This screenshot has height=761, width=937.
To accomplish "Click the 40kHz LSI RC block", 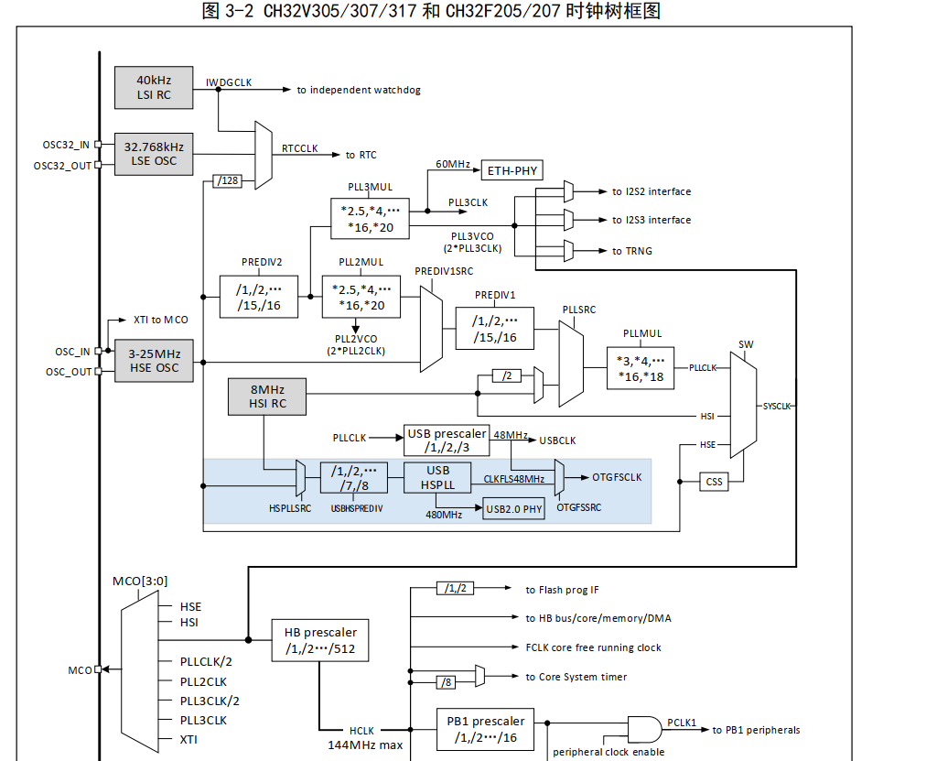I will pyautogui.click(x=154, y=87).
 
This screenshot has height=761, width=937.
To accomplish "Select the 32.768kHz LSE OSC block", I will pyautogui.click(x=154, y=153).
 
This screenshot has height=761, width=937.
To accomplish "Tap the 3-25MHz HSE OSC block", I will pyautogui.click(x=154, y=360).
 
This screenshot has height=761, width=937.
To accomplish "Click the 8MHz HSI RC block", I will pyautogui.click(x=267, y=396).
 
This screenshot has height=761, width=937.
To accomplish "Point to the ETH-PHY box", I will pyautogui.click(x=512, y=170).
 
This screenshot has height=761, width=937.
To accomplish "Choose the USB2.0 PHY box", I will pyautogui.click(x=514, y=509).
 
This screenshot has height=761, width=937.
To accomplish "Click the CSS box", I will pyautogui.click(x=714, y=481).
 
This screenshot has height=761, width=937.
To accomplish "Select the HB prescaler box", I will pyautogui.click(x=320, y=641).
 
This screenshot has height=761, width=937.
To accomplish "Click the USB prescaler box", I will pyautogui.click(x=448, y=440).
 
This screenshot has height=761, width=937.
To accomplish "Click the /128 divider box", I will pyautogui.click(x=227, y=181).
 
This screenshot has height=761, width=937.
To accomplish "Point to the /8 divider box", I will pyautogui.click(x=446, y=681).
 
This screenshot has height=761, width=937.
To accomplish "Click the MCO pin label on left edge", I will pyautogui.click(x=81, y=670).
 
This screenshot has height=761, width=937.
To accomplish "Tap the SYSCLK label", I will pyautogui.click(x=776, y=406).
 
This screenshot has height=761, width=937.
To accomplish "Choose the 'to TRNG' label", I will pyautogui.click(x=632, y=251).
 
